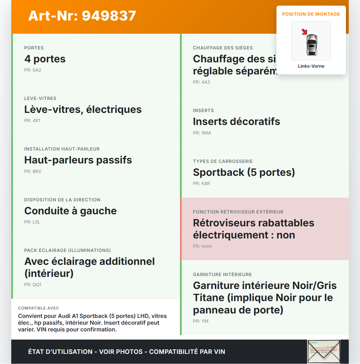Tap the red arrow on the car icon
[304, 32]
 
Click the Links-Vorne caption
[311, 66]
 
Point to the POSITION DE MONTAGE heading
[311, 14]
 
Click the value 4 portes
[45, 59]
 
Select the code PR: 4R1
[32, 120]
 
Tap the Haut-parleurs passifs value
[78, 160]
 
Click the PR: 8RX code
[33, 171]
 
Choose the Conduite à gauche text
[71, 211]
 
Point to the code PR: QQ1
[33, 285]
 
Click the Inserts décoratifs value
[237, 122]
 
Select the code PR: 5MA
[202, 133]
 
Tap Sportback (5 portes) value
[244, 172]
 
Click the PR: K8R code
[201, 183]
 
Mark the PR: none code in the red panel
[202, 246]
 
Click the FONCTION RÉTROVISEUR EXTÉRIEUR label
[238, 212]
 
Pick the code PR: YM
[201, 321]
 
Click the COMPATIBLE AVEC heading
[39, 308]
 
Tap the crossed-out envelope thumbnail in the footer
[324, 352]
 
